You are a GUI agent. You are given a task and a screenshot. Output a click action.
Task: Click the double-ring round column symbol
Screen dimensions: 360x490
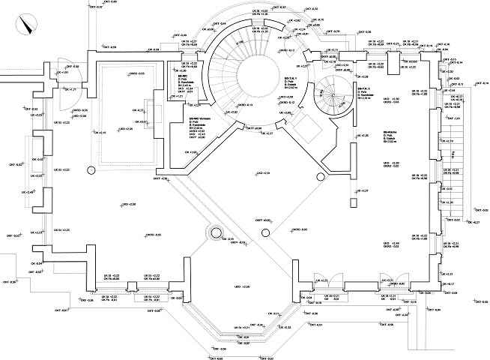coord(216,232)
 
